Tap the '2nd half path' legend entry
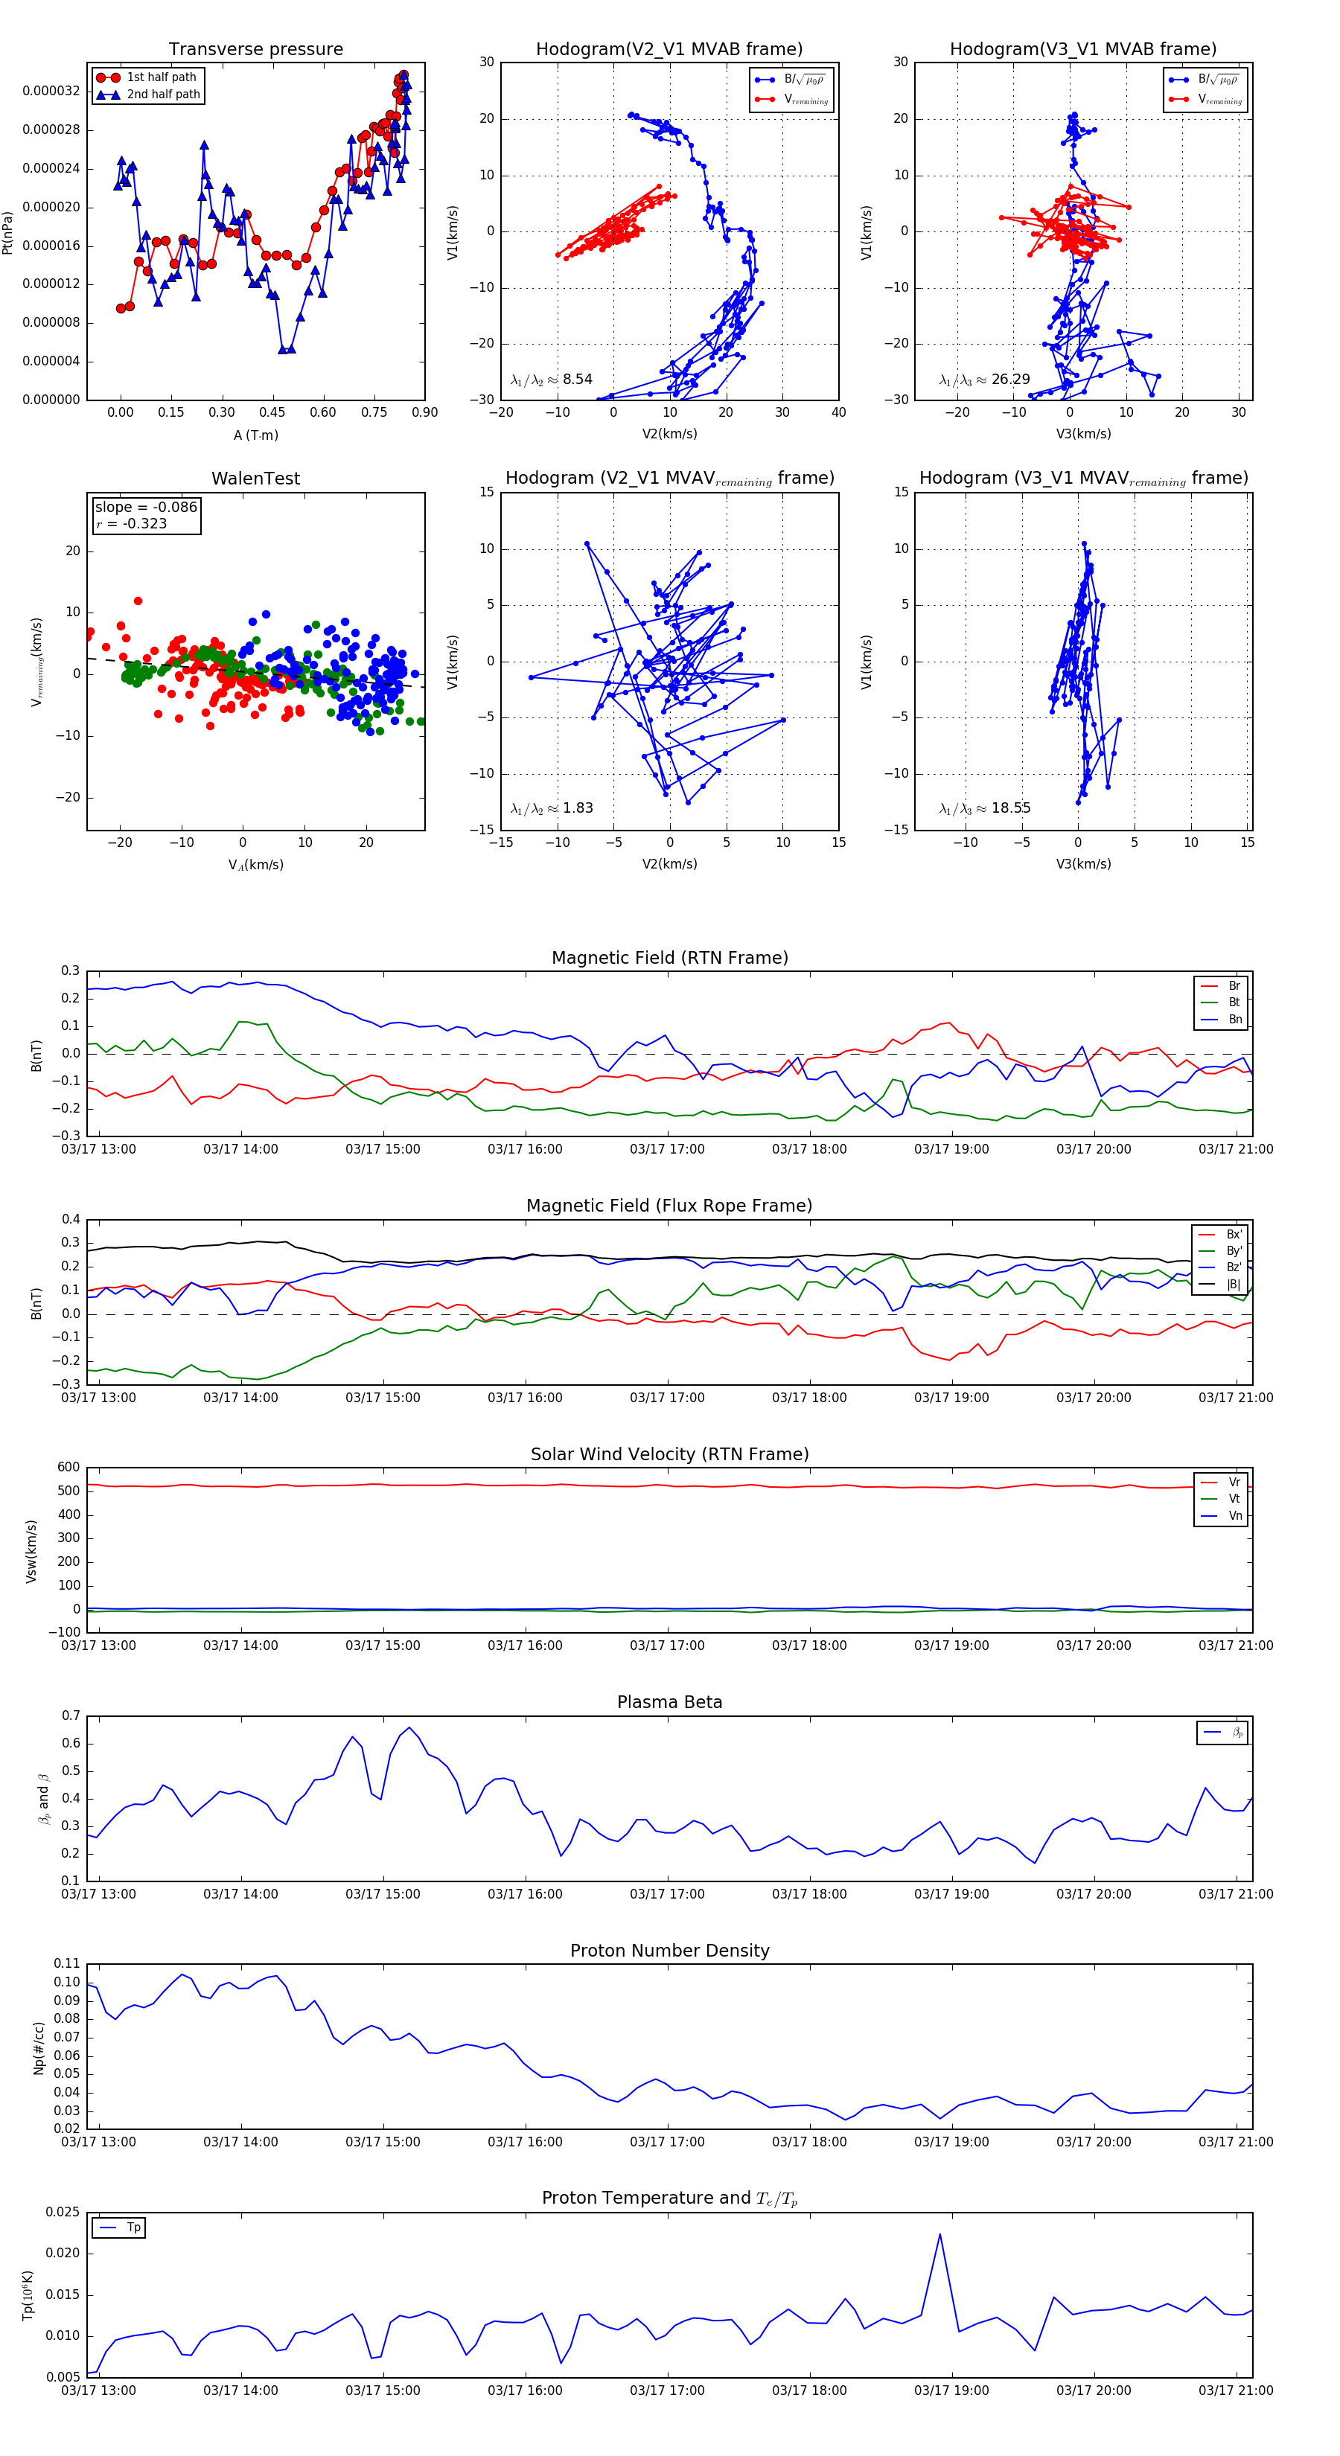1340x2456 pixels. pyautogui.click(x=163, y=95)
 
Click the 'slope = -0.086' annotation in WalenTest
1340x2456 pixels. pyautogui.click(x=146, y=508)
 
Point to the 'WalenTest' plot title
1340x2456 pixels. pyautogui.click(x=255, y=479)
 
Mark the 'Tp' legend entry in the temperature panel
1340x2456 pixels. pyautogui.click(x=133, y=2228)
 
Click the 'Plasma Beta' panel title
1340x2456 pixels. pyautogui.click(x=669, y=1703)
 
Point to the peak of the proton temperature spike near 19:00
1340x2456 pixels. pyautogui.click(x=939, y=2234)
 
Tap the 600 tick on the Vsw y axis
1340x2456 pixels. pyautogui.click(x=68, y=1468)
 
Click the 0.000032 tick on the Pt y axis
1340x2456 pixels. pyautogui.click(x=51, y=92)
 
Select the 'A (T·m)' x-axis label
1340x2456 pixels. pyautogui.click(x=255, y=435)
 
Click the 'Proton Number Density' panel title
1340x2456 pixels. pyautogui.click(x=669, y=1951)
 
